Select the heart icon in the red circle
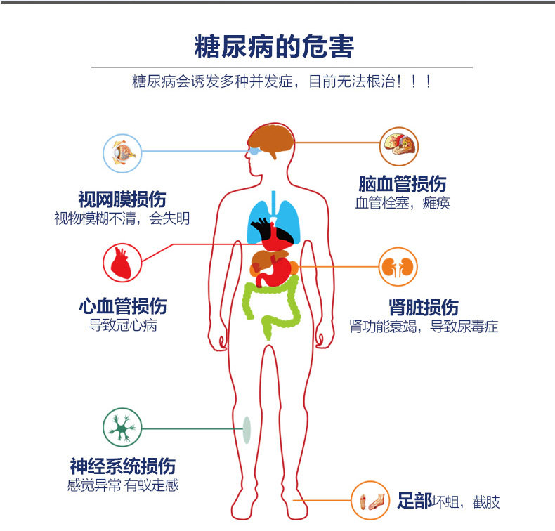(x=122, y=262)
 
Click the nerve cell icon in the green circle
(x=122, y=427)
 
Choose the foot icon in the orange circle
(x=370, y=501)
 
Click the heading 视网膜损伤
(x=122, y=199)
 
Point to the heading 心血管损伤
(x=122, y=306)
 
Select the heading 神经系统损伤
(x=122, y=466)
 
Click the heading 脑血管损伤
(x=402, y=184)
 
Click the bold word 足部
(x=414, y=501)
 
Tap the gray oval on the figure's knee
(x=247, y=428)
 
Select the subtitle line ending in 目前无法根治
(x=282, y=81)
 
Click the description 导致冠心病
(x=122, y=325)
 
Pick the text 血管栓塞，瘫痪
(x=402, y=204)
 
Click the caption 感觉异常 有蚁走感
(x=122, y=485)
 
